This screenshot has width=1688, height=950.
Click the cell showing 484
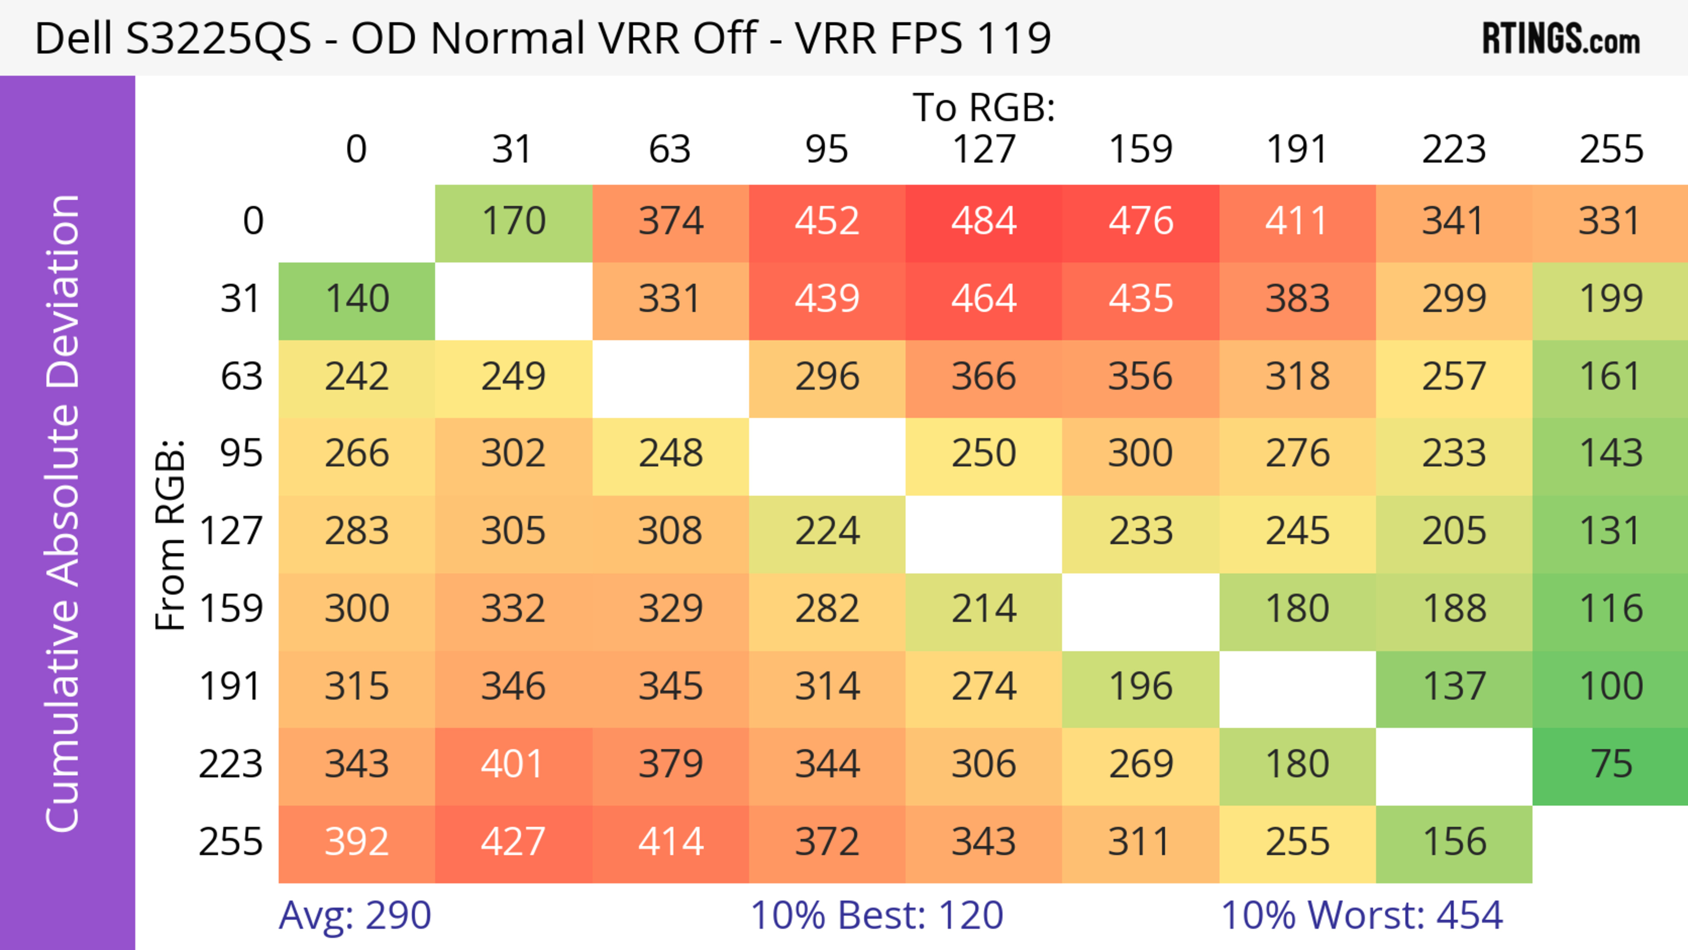pyautogui.click(x=984, y=221)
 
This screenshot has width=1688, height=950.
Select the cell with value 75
pyautogui.click(x=1611, y=764)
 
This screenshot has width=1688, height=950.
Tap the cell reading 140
pyautogui.click(x=357, y=299)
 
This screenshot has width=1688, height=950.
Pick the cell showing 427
pyautogui.click(x=513, y=842)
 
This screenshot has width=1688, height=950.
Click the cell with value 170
pyautogui.click(x=513, y=221)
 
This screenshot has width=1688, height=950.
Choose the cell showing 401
pyautogui.click(x=513, y=764)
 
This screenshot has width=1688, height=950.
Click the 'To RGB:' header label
pyautogui.click(x=984, y=107)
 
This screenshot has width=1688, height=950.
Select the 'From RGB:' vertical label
pyautogui.click(x=171, y=535)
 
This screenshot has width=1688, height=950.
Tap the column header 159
pyautogui.click(x=1140, y=149)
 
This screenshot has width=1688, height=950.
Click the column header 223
pyautogui.click(x=1453, y=149)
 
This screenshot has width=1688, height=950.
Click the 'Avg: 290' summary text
pyautogui.click(x=354, y=915)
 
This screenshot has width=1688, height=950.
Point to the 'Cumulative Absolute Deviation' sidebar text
pyautogui.click(x=64, y=513)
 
